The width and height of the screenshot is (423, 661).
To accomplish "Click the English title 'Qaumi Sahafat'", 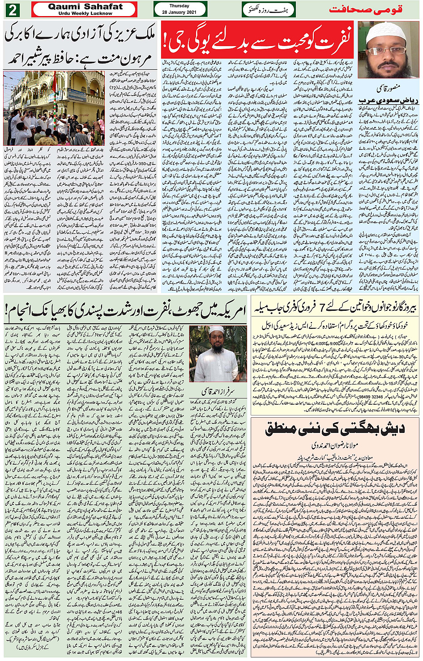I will click(85, 7).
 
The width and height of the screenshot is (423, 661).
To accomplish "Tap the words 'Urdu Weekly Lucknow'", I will click(85, 13).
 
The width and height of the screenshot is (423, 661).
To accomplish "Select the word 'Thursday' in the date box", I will click(179, 6).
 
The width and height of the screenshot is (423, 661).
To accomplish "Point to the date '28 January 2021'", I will click(179, 12).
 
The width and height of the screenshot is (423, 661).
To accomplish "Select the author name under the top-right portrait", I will click(388, 88).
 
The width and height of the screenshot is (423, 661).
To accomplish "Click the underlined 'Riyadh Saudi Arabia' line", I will click(388, 99).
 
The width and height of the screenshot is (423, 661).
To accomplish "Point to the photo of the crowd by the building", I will click(54, 108).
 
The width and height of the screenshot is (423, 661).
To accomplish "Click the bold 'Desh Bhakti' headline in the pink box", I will click(335, 429).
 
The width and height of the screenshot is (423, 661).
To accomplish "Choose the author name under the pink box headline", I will click(335, 445).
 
